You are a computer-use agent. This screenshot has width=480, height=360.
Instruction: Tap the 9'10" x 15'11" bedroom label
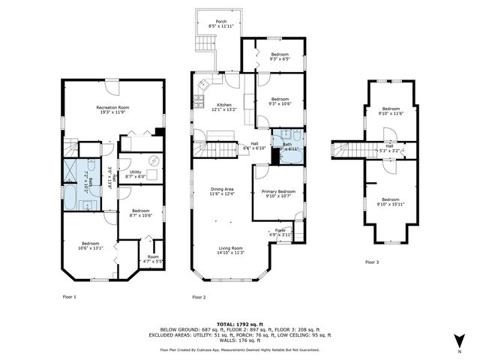(x=390, y=199)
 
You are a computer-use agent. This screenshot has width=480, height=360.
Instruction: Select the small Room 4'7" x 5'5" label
(x=153, y=259)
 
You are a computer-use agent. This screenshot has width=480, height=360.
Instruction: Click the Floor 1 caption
(x=70, y=297)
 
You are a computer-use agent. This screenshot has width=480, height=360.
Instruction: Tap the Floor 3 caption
(x=372, y=262)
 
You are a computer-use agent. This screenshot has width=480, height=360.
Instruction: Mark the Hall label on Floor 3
(x=389, y=148)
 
